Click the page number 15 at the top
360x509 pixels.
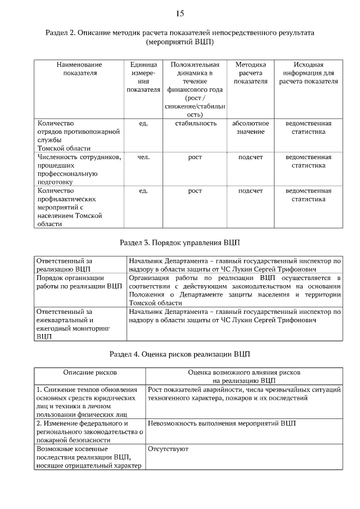tap(180, 13)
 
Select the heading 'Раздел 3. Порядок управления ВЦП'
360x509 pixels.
tap(180, 243)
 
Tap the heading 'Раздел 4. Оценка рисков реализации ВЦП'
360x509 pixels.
tap(180, 354)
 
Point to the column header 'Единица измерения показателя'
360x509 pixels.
tap(143, 77)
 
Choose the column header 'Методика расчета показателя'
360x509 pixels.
tap(250, 73)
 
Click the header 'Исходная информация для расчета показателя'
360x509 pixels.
tap(308, 73)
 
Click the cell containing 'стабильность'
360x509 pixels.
tap(195, 124)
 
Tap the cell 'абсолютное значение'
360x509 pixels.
tap(250, 127)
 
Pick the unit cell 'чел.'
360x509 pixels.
tap(143, 157)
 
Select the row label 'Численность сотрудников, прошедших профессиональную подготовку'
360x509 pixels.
tap(79, 169)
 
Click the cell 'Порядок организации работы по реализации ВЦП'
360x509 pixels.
tap(79, 282)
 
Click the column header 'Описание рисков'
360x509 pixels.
tap(90, 372)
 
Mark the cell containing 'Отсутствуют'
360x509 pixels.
tap(168, 449)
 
